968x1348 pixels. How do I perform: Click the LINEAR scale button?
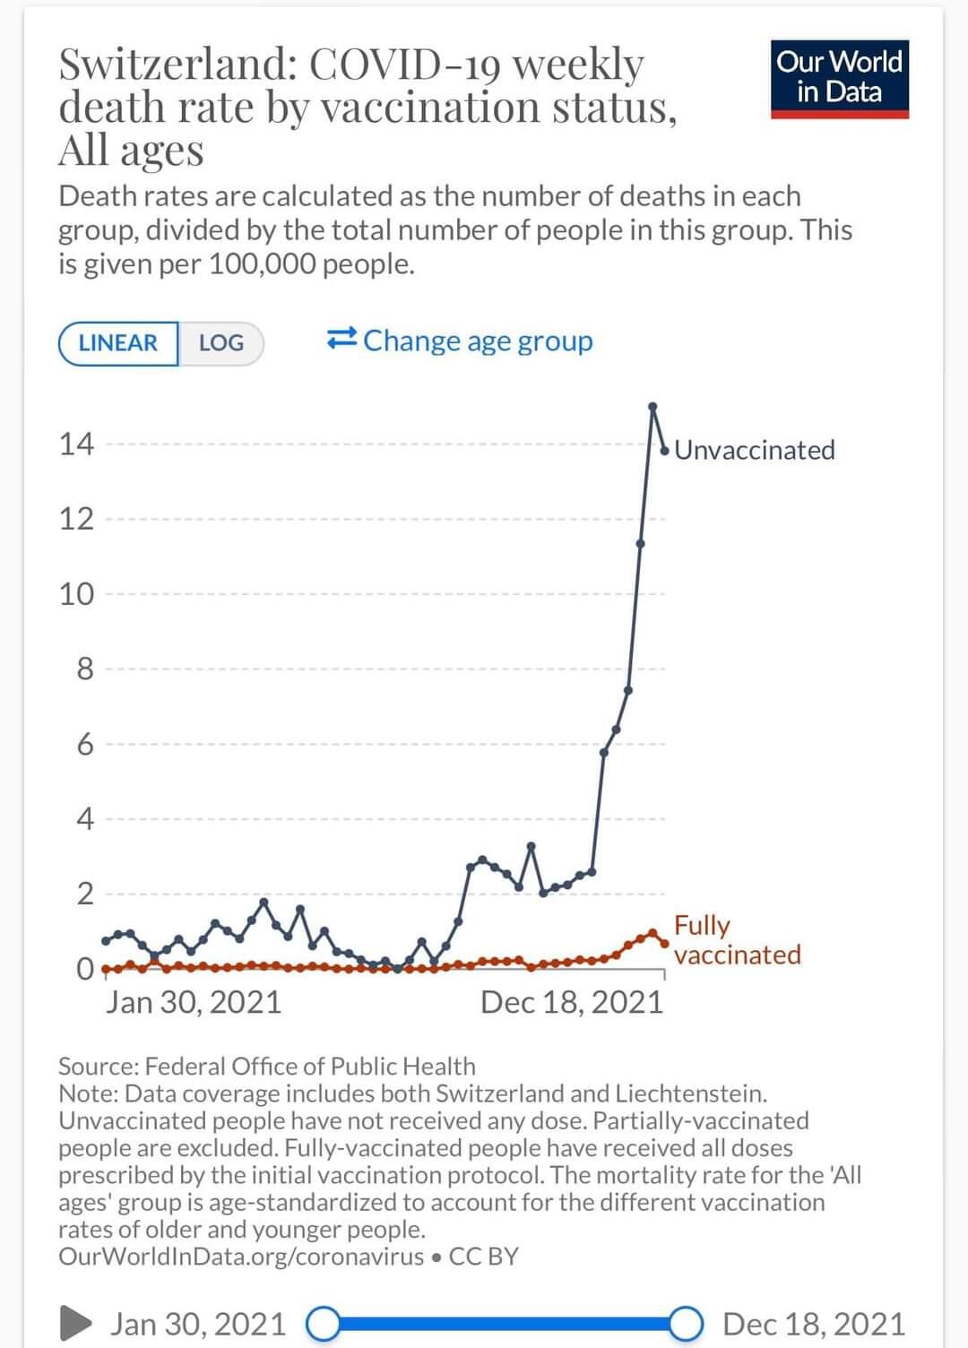click(117, 343)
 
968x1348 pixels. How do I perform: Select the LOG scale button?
click(220, 343)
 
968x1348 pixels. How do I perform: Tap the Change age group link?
click(460, 341)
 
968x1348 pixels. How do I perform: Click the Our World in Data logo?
click(839, 78)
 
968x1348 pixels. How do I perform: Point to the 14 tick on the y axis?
click(76, 444)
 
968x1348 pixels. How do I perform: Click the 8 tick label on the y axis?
click(84, 669)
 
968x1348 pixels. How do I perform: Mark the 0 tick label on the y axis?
click(84, 969)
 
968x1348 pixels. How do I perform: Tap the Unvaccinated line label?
click(754, 450)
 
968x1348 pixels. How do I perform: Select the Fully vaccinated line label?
click(737, 939)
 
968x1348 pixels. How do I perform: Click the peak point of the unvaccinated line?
click(653, 407)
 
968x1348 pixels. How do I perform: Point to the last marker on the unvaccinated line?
click(664, 450)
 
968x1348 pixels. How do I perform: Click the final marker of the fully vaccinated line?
click(664, 943)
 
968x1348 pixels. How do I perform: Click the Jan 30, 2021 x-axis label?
click(194, 1002)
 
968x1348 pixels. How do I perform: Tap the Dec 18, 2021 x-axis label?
click(572, 1002)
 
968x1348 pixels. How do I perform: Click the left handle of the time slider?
click(323, 1324)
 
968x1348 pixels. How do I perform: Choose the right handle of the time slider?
click(686, 1324)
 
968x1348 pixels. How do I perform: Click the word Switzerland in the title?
click(177, 64)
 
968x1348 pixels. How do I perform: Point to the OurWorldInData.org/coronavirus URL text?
click(241, 1257)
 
